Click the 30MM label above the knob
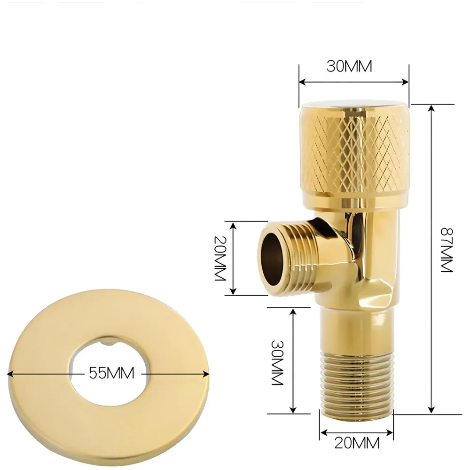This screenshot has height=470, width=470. coord(349,67)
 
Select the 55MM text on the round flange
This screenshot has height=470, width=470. coord(111,373)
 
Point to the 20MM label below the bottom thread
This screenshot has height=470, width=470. coord(357,442)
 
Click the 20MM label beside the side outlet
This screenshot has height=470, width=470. coord(221,258)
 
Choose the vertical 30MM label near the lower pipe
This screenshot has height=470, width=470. coord(277,362)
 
